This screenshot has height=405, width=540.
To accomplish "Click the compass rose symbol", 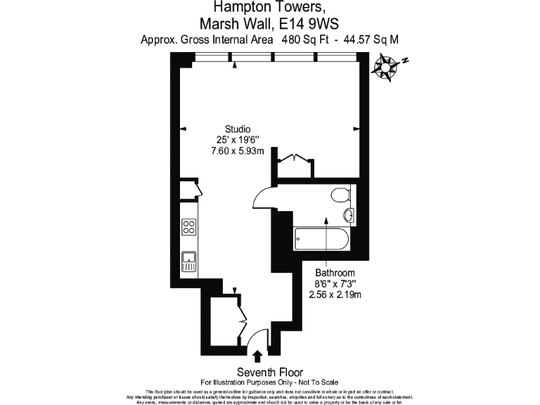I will [387, 68].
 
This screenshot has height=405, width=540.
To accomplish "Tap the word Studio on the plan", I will [238, 129].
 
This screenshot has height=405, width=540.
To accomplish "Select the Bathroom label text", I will [335, 273].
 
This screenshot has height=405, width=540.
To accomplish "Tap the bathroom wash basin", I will [349, 215].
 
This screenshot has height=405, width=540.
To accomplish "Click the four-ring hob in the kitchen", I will [188, 226].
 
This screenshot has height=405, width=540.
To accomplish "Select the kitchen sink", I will [188, 261].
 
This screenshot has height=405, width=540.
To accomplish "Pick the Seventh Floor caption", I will [269, 372].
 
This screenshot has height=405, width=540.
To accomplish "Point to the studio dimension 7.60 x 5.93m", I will [238, 150].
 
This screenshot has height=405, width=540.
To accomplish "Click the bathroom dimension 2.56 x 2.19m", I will [335, 295].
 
